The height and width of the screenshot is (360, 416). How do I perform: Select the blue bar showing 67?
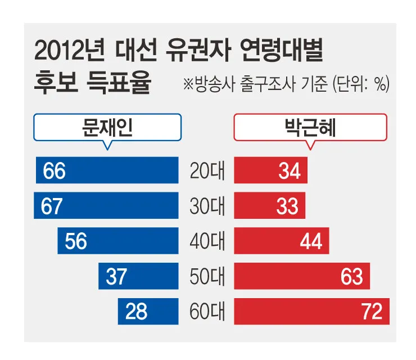point(106,206)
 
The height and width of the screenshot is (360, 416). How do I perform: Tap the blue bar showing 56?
point(118,241)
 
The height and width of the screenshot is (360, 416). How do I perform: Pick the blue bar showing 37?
point(138,276)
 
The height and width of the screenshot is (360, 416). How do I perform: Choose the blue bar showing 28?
point(148,311)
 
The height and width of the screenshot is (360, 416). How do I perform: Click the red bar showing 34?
point(271,170)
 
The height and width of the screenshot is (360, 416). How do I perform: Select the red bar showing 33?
point(270,206)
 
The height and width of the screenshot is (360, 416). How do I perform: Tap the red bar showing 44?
point(282,241)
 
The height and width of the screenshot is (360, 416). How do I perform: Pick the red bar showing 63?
point(302,276)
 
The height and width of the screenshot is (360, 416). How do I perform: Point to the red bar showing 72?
point(311,311)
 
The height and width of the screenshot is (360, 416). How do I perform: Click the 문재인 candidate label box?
point(107,127)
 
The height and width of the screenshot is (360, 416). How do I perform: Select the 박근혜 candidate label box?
point(310,127)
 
